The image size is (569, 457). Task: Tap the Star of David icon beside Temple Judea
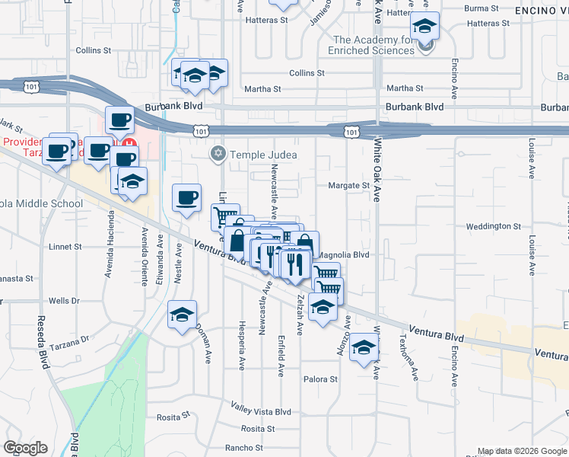point(218,155)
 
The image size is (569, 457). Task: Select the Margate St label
point(348,185)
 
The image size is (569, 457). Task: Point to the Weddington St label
point(493,226)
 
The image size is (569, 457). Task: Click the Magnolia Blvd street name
point(343,255)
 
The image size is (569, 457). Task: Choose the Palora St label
point(320,379)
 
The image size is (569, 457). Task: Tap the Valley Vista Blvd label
point(262,411)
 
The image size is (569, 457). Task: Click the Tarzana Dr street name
point(74,337)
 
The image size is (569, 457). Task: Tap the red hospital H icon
point(129,143)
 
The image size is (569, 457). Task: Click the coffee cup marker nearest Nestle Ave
point(187,199)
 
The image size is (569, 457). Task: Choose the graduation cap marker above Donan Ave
point(183,314)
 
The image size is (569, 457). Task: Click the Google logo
point(25,448)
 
